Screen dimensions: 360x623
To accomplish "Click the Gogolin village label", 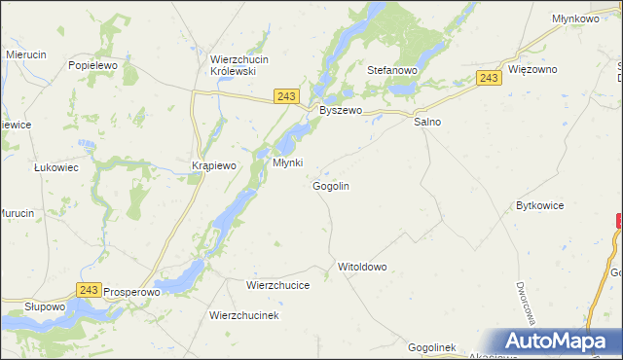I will point(331,186).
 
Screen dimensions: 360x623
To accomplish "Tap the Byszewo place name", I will point(341,111).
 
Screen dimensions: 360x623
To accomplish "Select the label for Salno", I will point(427,123).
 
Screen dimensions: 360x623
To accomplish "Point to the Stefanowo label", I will point(391,71).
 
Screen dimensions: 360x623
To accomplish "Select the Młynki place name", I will point(288,162).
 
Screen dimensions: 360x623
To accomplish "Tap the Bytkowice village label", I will point(540,206).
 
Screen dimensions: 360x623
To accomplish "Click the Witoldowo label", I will point(362,267).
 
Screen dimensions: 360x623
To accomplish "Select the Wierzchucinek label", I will point(244,316).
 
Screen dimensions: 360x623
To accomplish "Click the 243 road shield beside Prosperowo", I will point(89,290).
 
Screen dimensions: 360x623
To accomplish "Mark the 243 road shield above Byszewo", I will point(285,95).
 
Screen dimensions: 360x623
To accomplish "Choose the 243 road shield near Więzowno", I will point(490,78).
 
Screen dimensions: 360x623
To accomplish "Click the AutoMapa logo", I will point(558,342).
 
